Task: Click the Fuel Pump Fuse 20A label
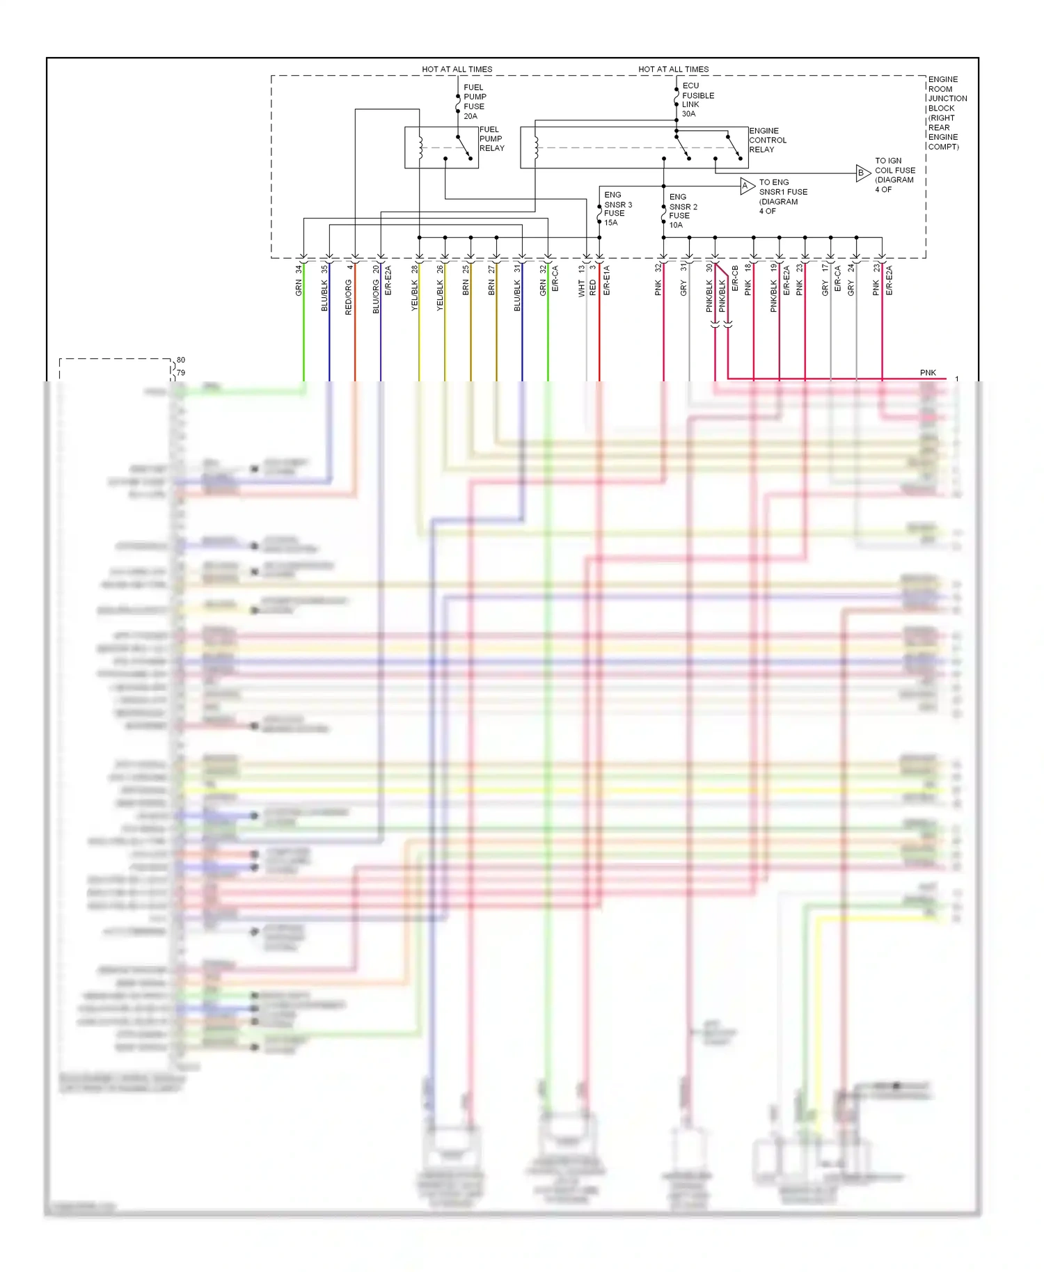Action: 474,102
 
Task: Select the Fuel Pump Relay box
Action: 441,147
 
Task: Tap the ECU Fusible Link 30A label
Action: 697,100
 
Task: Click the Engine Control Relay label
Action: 767,140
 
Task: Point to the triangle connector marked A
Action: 746,186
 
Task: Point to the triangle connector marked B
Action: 862,173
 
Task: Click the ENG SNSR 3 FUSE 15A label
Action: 617,209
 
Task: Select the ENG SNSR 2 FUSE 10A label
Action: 682,211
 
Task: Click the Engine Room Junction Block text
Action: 946,113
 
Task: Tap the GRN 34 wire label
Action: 299,281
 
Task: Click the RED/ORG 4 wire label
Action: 349,290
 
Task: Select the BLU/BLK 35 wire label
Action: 324,288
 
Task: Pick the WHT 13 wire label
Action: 582,281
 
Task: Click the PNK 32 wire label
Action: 658,280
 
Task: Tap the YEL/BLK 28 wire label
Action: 415,288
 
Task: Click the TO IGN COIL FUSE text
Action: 894,175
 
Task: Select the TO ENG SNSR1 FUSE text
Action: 782,196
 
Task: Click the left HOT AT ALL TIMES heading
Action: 457,69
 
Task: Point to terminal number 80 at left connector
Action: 181,360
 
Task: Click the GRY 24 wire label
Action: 851,280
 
